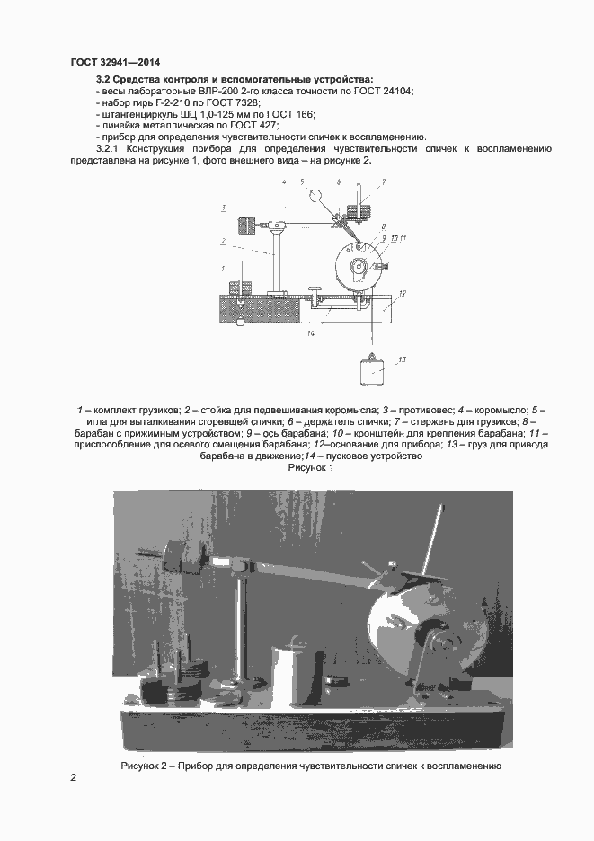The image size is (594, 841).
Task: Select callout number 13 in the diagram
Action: pyautogui.click(x=402, y=359)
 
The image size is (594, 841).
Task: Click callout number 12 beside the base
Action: pyautogui.click(x=401, y=293)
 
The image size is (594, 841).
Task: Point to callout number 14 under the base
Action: pyautogui.click(x=309, y=333)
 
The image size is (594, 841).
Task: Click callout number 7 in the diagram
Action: pyautogui.click(x=382, y=182)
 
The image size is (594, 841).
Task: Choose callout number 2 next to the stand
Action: pyautogui.click(x=222, y=241)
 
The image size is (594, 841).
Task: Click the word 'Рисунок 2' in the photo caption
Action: pyautogui.click(x=146, y=766)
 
